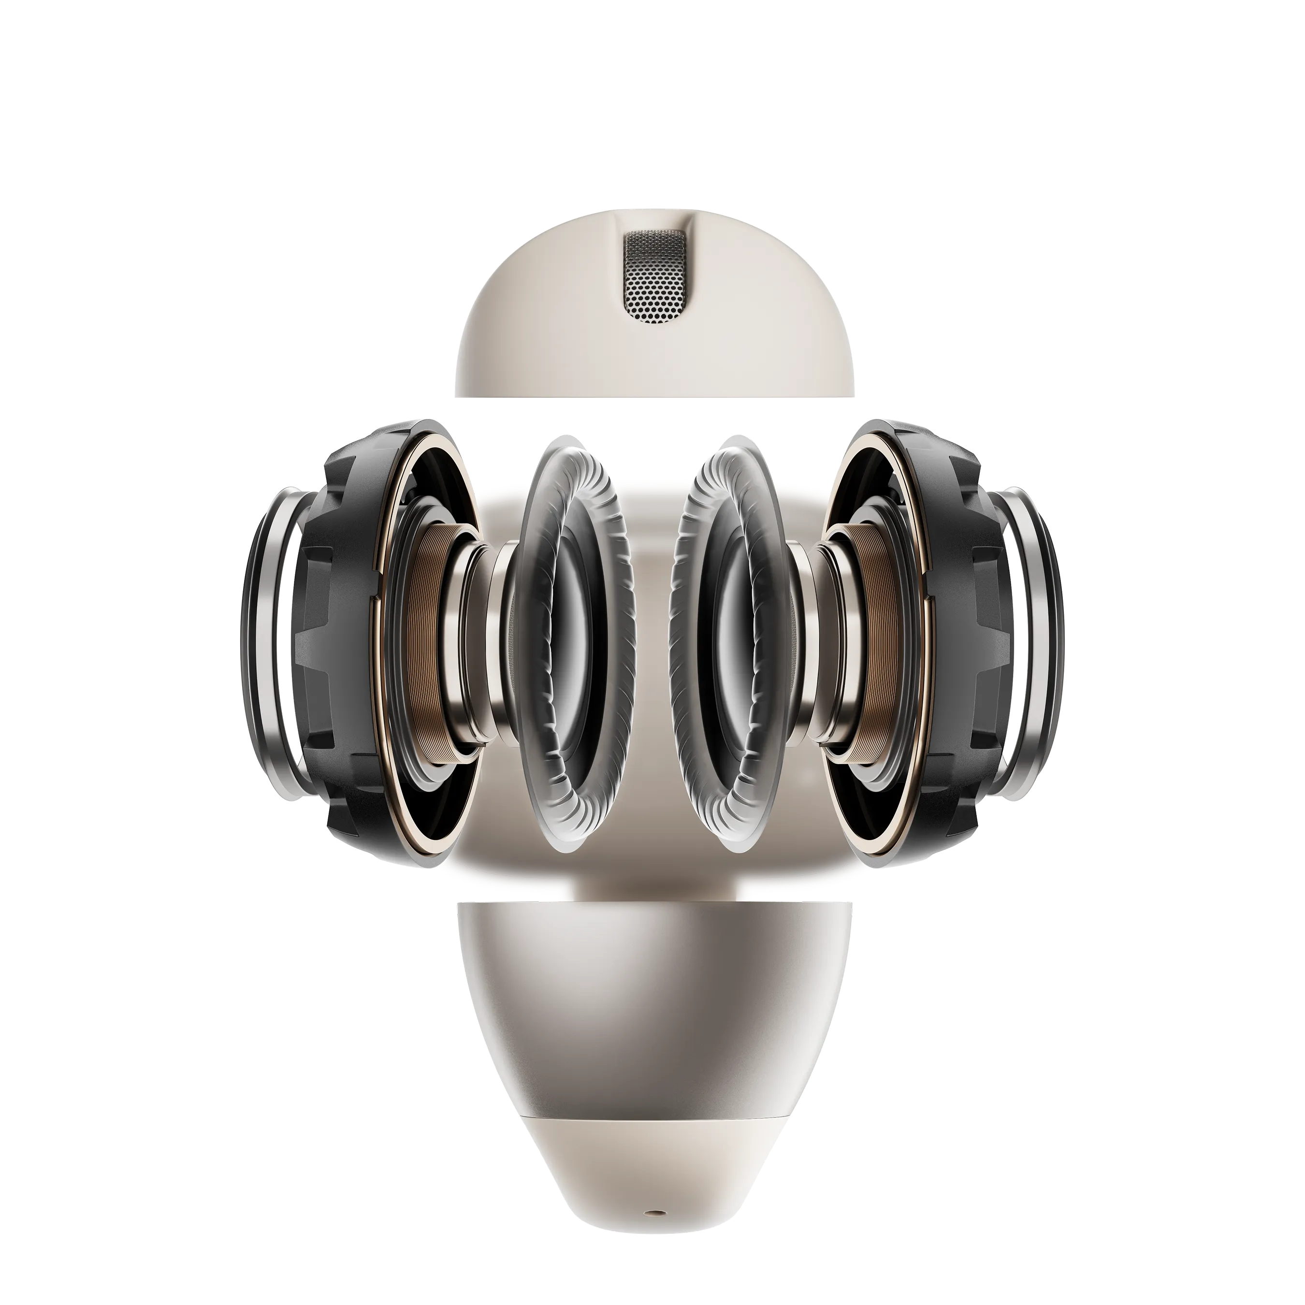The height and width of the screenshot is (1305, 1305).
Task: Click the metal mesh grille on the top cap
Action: click(x=652, y=276)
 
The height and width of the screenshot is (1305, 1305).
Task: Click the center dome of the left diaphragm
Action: click(x=574, y=642)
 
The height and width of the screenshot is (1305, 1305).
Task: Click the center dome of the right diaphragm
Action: click(x=729, y=642)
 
